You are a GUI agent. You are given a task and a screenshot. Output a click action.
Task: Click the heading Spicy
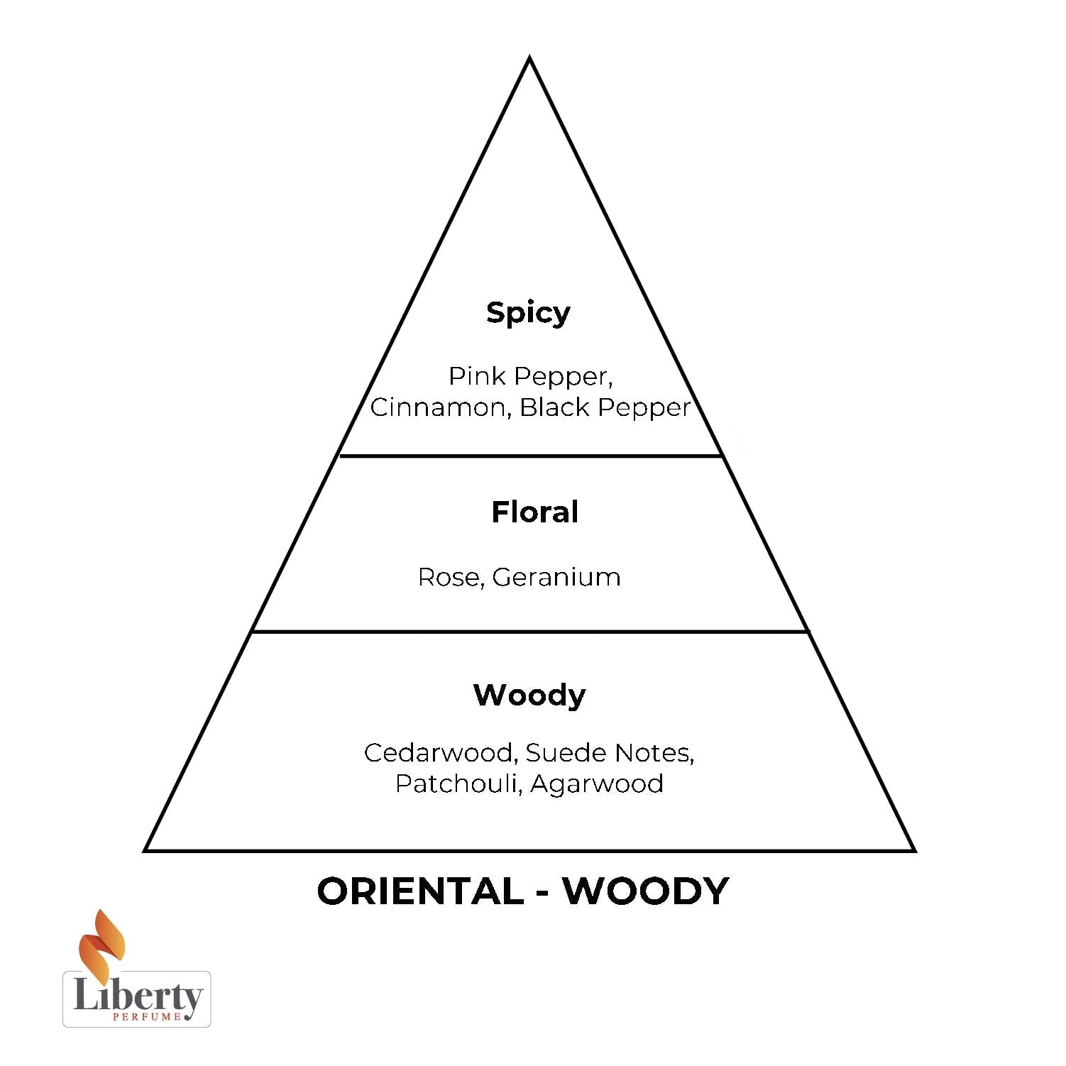(x=528, y=313)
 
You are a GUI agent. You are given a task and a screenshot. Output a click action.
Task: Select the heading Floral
(x=534, y=512)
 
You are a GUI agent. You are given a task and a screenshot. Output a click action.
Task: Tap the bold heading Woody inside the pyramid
(x=529, y=695)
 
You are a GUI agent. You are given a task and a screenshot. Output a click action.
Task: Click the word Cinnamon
(x=441, y=407)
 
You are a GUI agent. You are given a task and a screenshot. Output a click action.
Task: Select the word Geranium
(x=556, y=577)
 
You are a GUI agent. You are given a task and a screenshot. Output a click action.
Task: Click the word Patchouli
(x=459, y=784)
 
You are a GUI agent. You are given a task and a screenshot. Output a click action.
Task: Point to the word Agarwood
(x=597, y=784)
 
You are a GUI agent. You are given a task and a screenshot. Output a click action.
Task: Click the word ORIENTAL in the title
(x=420, y=891)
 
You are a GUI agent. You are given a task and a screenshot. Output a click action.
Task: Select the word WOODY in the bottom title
(x=646, y=891)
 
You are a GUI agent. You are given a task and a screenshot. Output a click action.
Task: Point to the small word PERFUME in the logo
(x=147, y=1016)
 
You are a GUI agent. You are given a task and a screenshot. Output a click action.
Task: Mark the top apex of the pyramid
(x=529, y=57)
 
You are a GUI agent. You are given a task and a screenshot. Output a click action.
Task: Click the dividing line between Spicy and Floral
(x=531, y=456)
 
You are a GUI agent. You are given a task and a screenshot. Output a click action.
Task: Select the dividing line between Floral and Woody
(x=531, y=631)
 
